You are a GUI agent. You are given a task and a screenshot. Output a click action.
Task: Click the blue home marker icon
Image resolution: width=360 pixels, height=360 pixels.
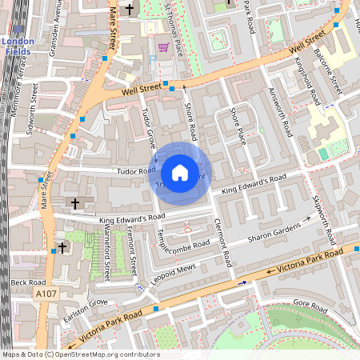[180, 173]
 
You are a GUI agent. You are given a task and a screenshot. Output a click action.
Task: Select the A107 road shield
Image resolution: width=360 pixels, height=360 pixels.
[46, 295]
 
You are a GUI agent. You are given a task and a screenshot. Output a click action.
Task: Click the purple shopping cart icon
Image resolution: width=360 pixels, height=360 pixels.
[163, 47]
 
